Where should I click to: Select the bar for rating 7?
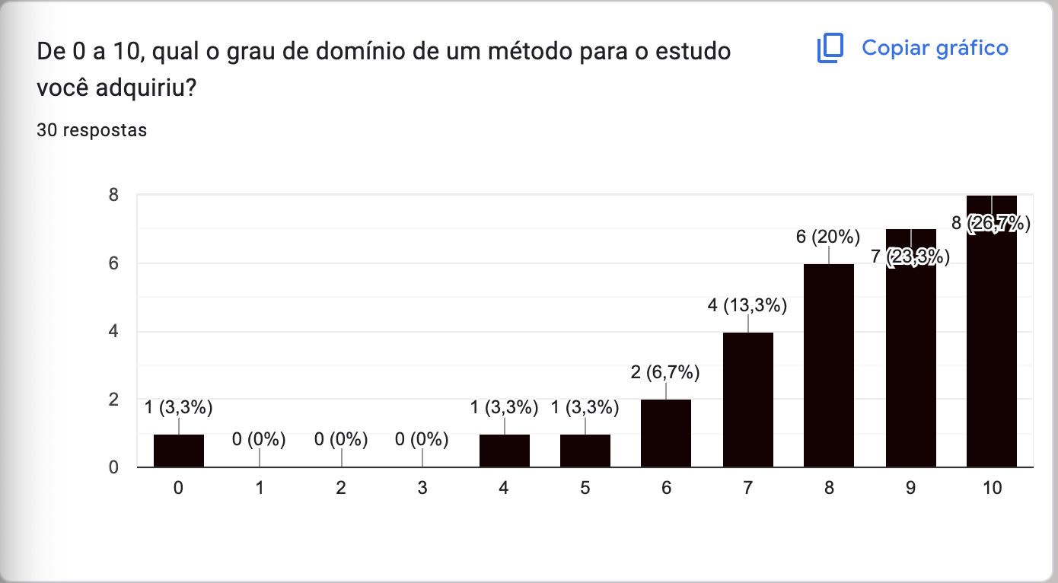pyautogui.click(x=747, y=400)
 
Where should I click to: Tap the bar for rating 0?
pyautogui.click(x=178, y=451)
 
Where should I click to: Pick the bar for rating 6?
pyautogui.click(x=666, y=433)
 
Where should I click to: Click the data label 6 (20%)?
pyautogui.click(x=828, y=237)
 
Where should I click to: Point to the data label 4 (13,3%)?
pyautogui.click(x=747, y=306)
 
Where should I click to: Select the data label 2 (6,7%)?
pyautogui.click(x=666, y=373)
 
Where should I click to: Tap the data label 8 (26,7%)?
pyautogui.click(x=992, y=224)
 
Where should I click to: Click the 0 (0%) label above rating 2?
pyautogui.click(x=341, y=439)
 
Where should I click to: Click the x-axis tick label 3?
pyautogui.click(x=422, y=489)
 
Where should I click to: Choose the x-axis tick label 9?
pyautogui.click(x=910, y=489)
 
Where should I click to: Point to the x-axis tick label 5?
pyautogui.click(x=585, y=489)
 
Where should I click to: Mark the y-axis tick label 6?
pyautogui.click(x=113, y=263)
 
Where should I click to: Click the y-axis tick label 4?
pyautogui.click(x=113, y=331)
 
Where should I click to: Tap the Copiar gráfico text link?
pyautogui.click(x=935, y=48)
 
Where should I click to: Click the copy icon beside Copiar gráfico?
pyautogui.click(x=830, y=48)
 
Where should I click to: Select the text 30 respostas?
pyautogui.click(x=92, y=130)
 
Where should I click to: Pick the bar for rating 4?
pyautogui.click(x=504, y=451)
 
